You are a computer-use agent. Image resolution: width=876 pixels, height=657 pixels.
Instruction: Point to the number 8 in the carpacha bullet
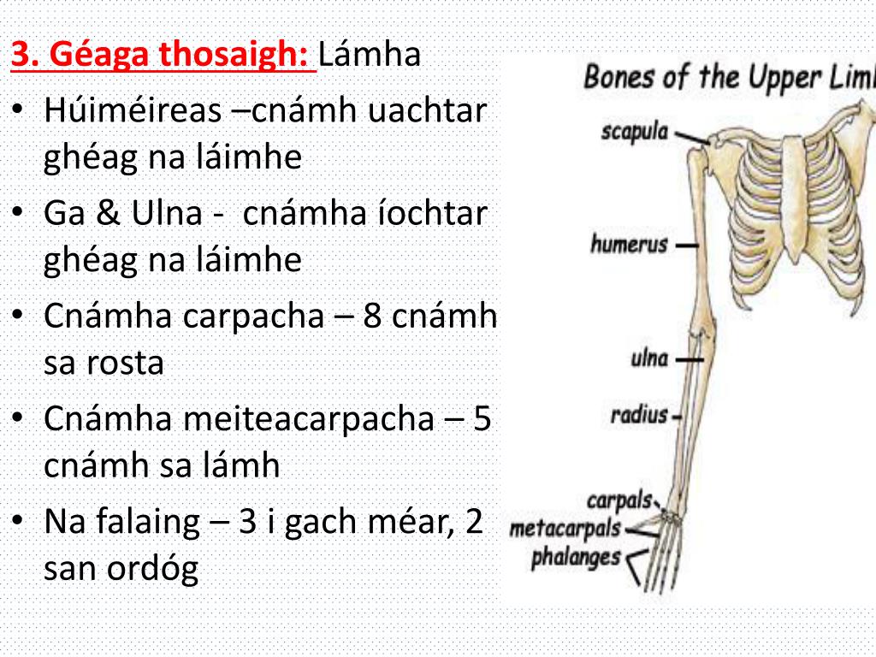[x=372, y=317]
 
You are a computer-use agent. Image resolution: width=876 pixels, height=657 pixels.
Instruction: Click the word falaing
[x=155, y=522]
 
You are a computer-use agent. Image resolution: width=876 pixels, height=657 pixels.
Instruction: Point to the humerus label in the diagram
[x=629, y=245]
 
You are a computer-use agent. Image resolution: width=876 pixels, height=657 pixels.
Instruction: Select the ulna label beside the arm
[x=649, y=358]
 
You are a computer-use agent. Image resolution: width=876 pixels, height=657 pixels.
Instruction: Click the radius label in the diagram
[x=638, y=416]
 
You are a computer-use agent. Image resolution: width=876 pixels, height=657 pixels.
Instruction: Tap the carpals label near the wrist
[x=619, y=500]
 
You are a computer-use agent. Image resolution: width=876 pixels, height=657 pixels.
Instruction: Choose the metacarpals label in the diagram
[x=565, y=529]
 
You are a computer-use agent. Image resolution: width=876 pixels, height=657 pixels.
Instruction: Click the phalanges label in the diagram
[x=575, y=559]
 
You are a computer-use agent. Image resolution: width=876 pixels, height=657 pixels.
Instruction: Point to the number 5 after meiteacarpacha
[x=482, y=419]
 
